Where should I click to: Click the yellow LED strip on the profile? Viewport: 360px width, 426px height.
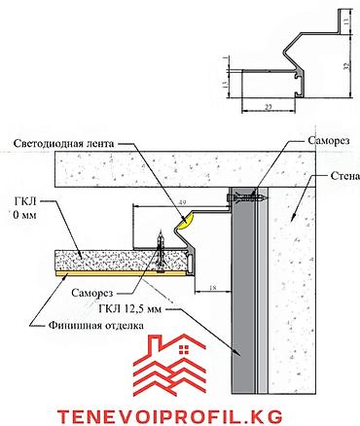click(x=186, y=220)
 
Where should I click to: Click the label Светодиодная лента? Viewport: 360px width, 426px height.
click(x=64, y=144)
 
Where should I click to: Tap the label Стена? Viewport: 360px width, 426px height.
click(x=345, y=176)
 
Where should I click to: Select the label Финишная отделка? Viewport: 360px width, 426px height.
click(x=96, y=325)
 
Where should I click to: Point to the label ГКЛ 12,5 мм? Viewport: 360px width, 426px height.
click(x=130, y=309)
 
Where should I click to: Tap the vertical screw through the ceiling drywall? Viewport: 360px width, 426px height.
click(x=161, y=252)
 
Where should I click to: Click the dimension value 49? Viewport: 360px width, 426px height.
click(x=182, y=202)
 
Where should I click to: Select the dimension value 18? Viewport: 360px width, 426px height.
click(x=212, y=288)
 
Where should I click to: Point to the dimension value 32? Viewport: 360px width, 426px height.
click(x=346, y=66)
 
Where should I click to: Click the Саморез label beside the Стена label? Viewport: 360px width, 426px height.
click(x=329, y=140)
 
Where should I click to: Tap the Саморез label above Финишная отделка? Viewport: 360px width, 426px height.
click(x=92, y=293)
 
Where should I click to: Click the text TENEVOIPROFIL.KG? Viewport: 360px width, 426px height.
click(x=170, y=415)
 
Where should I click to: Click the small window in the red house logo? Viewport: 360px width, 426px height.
click(x=184, y=349)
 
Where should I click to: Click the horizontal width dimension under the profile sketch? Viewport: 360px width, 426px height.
click(x=269, y=111)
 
